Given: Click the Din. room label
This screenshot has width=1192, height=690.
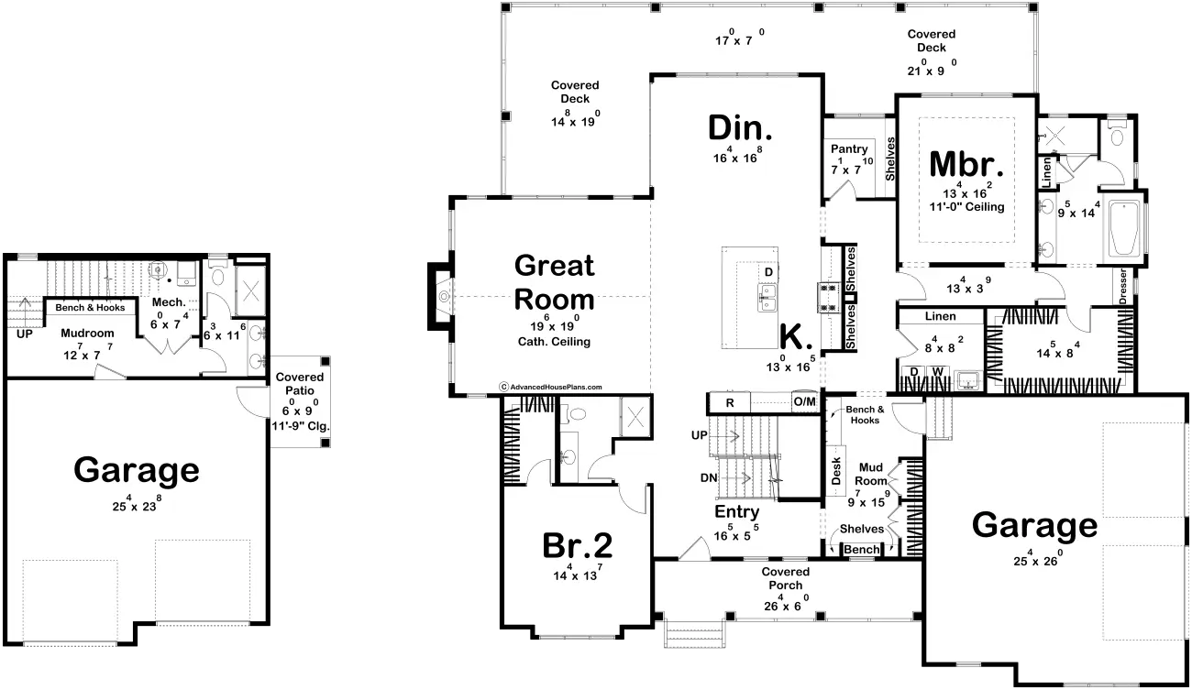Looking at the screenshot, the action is [x=740, y=128].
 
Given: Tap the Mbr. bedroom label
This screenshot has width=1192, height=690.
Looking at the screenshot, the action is [x=966, y=164].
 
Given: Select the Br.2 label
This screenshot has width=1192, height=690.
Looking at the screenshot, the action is [x=578, y=546].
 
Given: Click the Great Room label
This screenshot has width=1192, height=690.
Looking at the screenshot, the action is [x=554, y=282].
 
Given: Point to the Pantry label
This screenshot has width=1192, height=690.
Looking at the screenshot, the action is [x=849, y=149].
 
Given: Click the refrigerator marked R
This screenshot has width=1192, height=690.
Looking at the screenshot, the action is [x=730, y=402].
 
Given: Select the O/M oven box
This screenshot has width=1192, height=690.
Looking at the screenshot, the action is [x=805, y=401].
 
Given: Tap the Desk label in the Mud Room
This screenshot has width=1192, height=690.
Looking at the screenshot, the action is [x=836, y=471].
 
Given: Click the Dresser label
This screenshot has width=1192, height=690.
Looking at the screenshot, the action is [x=1123, y=286].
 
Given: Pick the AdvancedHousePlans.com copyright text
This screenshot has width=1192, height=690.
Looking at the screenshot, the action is [x=551, y=387].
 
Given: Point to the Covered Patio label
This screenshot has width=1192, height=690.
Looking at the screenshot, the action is [x=300, y=384].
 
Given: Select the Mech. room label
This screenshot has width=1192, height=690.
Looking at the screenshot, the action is [x=169, y=302].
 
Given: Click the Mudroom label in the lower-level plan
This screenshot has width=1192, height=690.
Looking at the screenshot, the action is [x=87, y=334].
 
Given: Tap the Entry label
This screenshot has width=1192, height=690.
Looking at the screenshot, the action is [x=736, y=512].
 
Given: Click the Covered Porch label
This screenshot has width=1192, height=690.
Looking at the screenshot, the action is [x=786, y=578].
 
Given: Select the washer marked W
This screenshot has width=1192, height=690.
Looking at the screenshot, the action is [x=938, y=371].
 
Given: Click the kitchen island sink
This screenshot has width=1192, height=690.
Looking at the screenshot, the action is [x=767, y=298].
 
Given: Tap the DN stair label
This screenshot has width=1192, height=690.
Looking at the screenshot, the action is [x=708, y=477].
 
